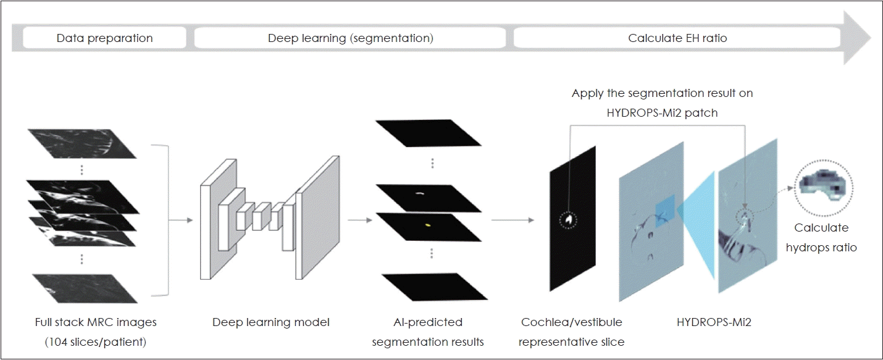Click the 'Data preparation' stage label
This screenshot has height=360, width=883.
tap(104, 38)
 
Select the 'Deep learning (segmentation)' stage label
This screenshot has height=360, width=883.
tap(350, 38)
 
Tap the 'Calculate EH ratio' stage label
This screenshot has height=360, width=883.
tap(677, 38)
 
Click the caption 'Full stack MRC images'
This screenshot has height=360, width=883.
tap(96, 322)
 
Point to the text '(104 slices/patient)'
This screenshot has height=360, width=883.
tap(96, 341)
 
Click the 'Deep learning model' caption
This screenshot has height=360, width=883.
tap(271, 322)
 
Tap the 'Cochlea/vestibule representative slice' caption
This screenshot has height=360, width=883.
tap(571, 332)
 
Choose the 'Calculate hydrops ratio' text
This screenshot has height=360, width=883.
tap(821, 238)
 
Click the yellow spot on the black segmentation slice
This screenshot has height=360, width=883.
tap(427, 225)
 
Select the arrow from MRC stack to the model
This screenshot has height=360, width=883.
tap(180, 219)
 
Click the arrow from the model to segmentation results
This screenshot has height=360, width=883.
tap(358, 219)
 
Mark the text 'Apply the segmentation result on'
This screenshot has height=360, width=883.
tap(662, 93)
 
